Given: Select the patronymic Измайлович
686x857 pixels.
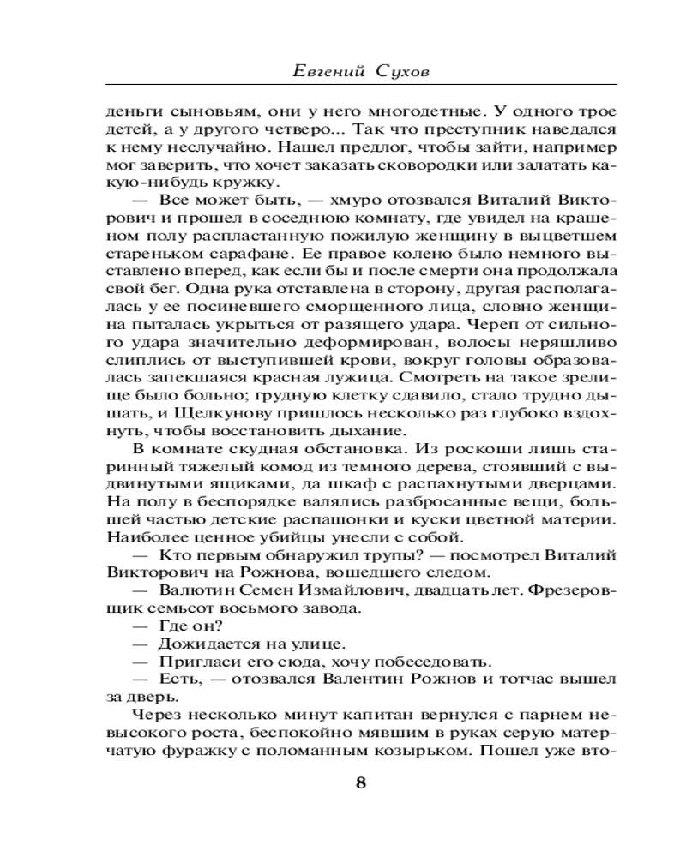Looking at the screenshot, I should click(x=328, y=593).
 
